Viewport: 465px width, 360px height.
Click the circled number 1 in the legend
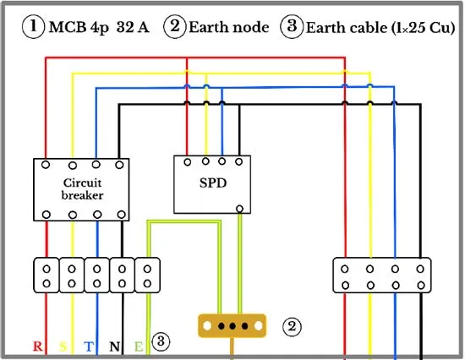click(34, 27)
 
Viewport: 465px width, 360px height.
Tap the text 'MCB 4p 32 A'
click(99, 28)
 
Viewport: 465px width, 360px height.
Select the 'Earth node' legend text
click(229, 28)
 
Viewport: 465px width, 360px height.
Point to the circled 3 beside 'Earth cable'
click(292, 27)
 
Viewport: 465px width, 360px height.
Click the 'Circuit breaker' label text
click(82, 189)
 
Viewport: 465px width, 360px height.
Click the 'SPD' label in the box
click(213, 183)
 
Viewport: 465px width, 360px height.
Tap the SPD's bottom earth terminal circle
click(239, 209)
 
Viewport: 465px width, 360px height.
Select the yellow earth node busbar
click(232, 326)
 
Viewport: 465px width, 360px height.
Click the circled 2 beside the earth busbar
click(292, 326)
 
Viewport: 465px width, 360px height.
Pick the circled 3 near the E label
click(161, 341)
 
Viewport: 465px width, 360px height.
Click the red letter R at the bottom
click(38, 346)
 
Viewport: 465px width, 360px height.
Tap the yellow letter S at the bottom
click(63, 346)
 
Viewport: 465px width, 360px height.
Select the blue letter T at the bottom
click(89, 346)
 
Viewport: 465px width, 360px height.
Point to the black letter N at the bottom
click(115, 346)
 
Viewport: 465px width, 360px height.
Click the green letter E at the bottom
click(139, 346)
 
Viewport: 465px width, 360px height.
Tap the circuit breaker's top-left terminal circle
click(46, 165)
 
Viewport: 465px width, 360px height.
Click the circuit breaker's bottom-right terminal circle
click(121, 215)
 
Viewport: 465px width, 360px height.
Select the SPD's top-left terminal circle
click(188, 162)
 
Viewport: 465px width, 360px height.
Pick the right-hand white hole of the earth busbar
click(259, 326)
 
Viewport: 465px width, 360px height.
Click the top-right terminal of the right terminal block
click(420, 269)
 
